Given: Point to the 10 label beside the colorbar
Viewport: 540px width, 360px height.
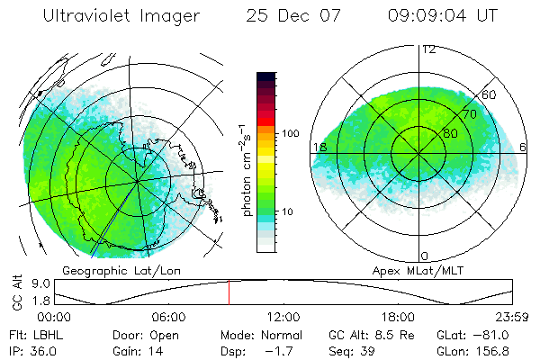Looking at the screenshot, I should click(x=290, y=212).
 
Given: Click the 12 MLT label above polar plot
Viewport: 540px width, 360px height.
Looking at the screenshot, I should click(x=428, y=49).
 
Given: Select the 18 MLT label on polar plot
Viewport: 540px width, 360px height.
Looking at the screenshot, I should click(x=319, y=147).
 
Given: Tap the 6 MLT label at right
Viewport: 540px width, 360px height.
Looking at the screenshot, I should click(x=524, y=147).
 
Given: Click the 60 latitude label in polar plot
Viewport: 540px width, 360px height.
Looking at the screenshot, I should click(x=490, y=95).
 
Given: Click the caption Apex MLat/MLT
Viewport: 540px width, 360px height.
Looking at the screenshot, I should click(x=419, y=270).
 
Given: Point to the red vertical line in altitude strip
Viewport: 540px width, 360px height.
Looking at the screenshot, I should click(x=229, y=292).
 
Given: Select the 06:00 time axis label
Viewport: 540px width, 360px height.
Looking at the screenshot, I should click(x=168, y=317).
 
